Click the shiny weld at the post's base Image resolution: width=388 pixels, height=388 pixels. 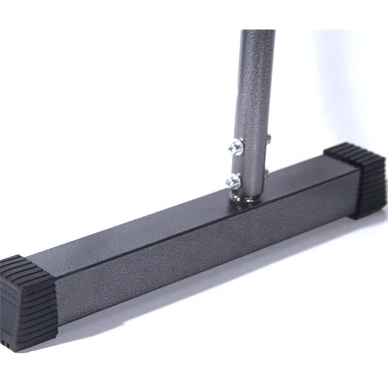(239, 197)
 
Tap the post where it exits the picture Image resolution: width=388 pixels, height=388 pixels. (258, 32)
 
